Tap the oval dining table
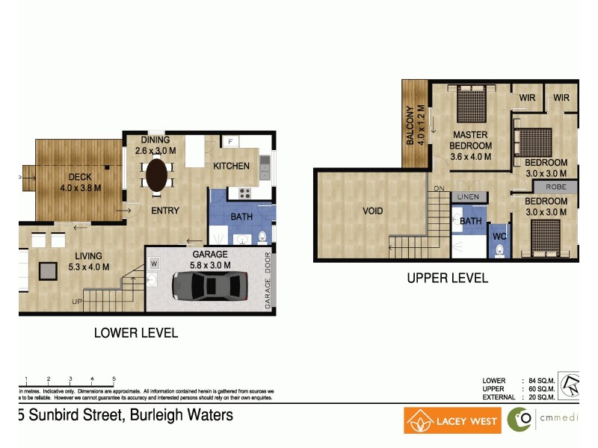coord(156,175)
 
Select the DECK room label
coord(80,177)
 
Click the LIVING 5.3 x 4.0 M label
coord(88,261)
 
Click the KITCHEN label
coord(231,166)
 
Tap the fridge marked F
coord(231,141)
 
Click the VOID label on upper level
coord(372,211)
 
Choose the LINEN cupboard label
coord(468,196)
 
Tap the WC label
coord(499,237)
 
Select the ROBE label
coord(555,187)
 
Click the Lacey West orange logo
coord(452,420)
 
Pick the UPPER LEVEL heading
coord(447,279)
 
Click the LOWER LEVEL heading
coord(135,333)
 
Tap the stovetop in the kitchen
coord(244,193)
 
